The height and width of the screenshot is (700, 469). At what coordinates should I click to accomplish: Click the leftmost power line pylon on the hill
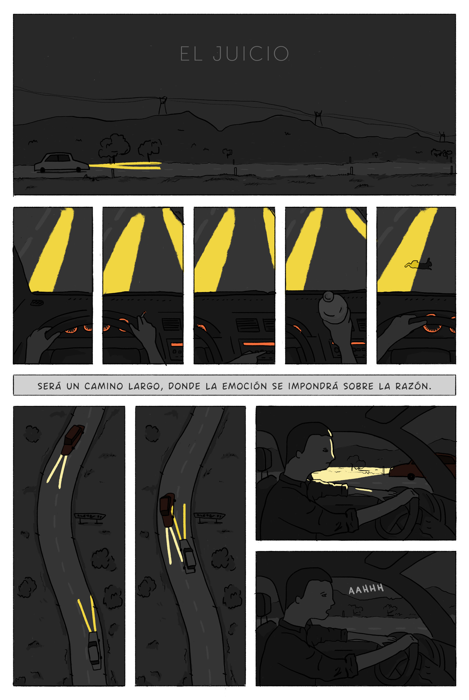coord(162,105)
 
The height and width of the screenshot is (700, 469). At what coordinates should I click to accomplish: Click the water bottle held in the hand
coord(333,308)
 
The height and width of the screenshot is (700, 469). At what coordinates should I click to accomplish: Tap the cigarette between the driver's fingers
coord(143,314)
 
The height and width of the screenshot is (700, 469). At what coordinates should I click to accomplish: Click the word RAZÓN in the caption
coord(413,386)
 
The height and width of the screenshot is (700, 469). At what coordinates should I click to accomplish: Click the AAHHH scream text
coord(366,589)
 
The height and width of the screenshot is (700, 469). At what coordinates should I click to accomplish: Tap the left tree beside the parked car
coord(114,146)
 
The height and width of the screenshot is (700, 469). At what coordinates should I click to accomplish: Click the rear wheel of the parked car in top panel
coord(42,170)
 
